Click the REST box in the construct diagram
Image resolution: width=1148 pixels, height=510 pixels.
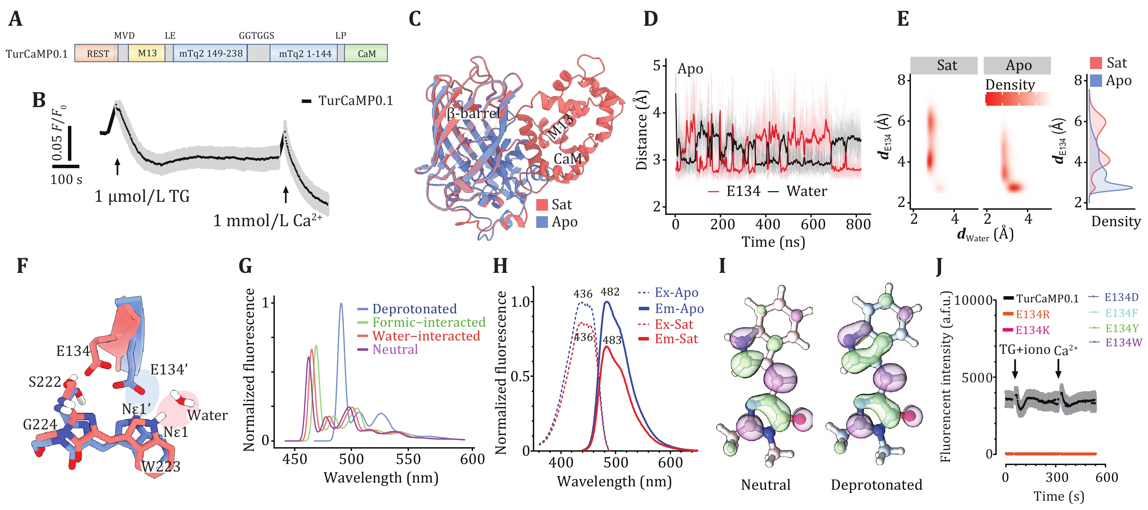pos(97,54)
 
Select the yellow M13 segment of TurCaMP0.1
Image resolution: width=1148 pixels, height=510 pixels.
pos(147,53)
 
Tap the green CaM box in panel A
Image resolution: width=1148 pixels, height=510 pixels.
pos(366,54)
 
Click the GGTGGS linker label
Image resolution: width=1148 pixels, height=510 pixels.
pos(256,36)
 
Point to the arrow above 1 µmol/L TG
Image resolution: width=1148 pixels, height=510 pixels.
pos(117,167)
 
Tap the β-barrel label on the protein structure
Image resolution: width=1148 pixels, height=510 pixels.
pos(473,113)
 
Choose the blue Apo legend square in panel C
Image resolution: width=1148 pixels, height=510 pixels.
pos(541,222)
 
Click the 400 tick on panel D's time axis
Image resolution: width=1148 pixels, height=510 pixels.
pos(768,224)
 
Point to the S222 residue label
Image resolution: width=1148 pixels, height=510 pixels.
pos(45,382)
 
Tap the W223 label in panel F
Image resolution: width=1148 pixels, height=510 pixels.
pos(161,466)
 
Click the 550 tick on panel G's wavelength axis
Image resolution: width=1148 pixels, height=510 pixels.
pos(408,459)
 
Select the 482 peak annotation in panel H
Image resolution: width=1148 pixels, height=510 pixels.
pos(610,292)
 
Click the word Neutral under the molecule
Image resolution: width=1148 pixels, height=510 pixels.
pos(765,485)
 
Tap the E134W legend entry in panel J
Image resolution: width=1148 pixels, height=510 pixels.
pos(1124,343)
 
